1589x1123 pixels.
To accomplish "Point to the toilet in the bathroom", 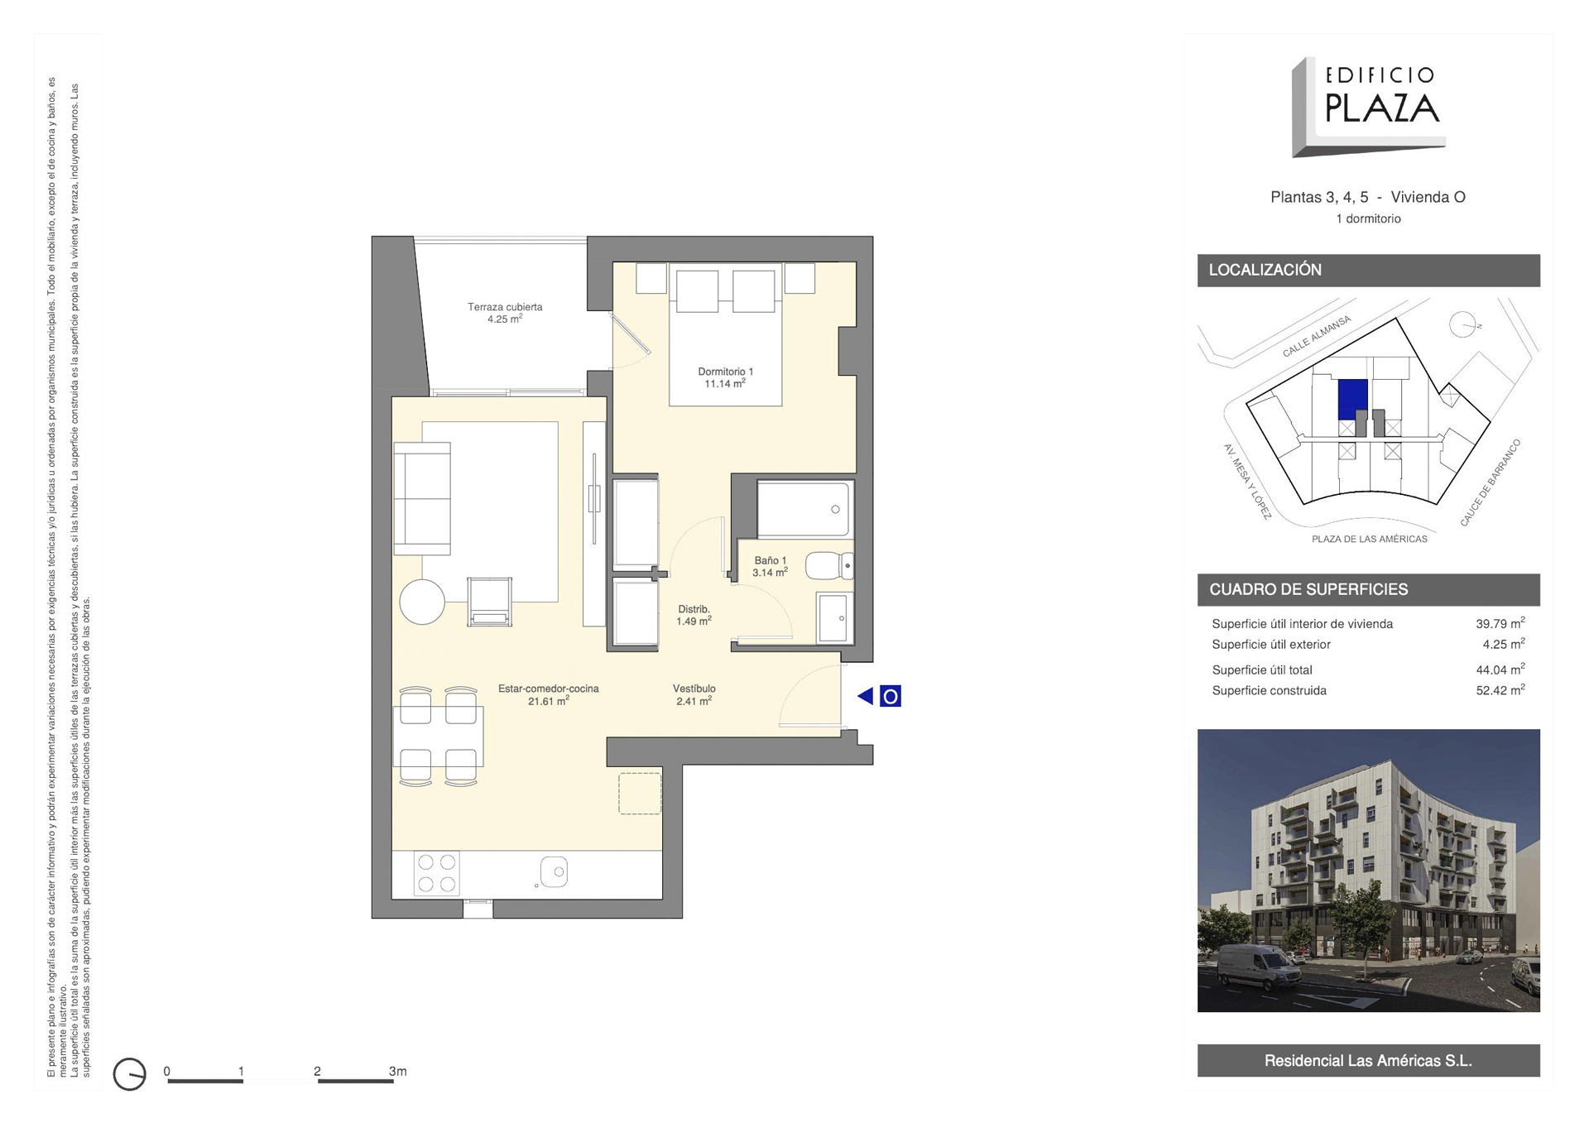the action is (x=828, y=566).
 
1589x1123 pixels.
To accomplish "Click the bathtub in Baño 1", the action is (x=804, y=509).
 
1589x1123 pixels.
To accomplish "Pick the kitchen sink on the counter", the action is (x=554, y=871).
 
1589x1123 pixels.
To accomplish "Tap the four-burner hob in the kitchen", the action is (x=436, y=873).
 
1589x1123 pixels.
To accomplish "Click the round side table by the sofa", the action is (x=422, y=601).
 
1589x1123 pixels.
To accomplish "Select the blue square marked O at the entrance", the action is (x=890, y=696).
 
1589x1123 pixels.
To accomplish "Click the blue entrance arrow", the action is (x=866, y=696).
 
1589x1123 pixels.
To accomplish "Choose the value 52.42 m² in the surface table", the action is (x=1500, y=690).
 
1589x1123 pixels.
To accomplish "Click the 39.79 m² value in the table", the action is (x=1500, y=624).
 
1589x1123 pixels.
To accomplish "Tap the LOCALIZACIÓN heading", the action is (x=1265, y=270).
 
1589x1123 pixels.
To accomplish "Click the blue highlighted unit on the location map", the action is (x=1351, y=401).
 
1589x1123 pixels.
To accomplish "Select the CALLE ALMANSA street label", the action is (x=1316, y=336).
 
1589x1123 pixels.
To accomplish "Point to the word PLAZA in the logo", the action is (x=1382, y=108).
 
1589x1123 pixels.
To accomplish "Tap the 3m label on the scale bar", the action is (x=398, y=1071).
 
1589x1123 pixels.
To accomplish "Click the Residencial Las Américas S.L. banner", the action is (x=1368, y=1060).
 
